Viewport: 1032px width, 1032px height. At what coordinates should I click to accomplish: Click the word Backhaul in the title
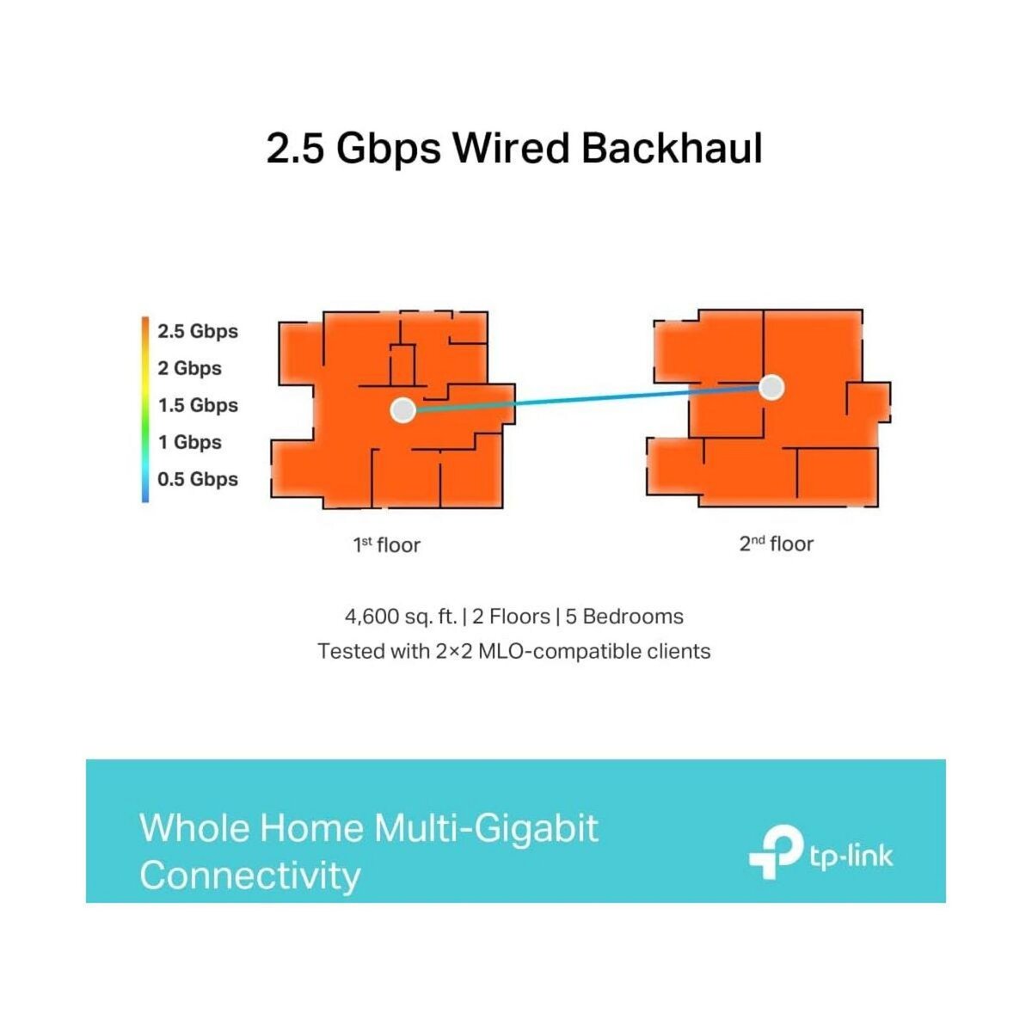pos(672,148)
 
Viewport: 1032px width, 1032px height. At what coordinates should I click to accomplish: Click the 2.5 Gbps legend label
pos(198,331)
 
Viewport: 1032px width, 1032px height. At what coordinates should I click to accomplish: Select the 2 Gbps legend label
pos(189,368)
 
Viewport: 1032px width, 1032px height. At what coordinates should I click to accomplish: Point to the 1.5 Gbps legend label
pos(198,405)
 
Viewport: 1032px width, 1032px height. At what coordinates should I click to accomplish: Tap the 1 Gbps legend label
pos(189,442)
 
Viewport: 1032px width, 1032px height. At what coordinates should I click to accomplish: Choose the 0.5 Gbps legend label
pos(198,479)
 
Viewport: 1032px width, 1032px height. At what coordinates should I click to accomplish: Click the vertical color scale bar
pos(145,408)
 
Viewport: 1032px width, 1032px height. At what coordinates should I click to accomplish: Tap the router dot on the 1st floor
pos(402,409)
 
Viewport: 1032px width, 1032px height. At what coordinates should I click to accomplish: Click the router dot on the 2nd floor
pos(772,388)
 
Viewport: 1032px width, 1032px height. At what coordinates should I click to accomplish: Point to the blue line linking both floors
pos(585,399)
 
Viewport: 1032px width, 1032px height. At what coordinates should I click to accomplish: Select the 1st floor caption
pos(386,544)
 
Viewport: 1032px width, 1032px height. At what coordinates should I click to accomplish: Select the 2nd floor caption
pos(776,544)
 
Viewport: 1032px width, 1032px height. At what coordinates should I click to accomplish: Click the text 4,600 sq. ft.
pos(400,617)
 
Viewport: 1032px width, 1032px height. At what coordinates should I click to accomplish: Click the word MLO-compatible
pos(570,651)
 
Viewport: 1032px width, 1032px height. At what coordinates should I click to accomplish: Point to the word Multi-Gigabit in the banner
pos(486,828)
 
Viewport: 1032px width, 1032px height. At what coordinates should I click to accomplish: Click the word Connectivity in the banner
pos(250,875)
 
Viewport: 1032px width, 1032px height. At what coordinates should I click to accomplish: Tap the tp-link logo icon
pos(775,852)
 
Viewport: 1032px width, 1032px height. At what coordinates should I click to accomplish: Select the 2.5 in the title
pos(296,148)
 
